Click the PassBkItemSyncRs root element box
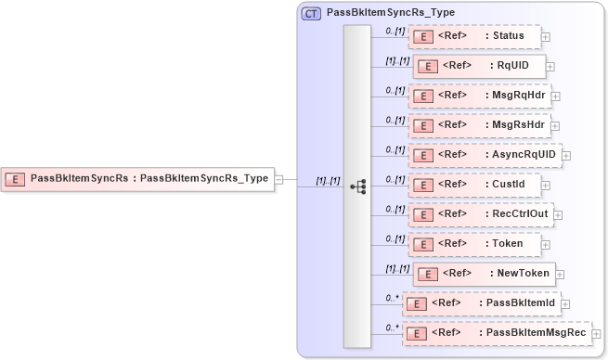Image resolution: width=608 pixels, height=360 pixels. click(139, 178)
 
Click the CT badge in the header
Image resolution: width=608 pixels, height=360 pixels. click(311, 14)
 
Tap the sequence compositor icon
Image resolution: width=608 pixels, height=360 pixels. click(357, 186)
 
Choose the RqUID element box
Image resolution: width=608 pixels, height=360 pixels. click(478, 66)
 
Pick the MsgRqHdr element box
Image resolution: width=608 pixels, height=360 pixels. click(479, 96)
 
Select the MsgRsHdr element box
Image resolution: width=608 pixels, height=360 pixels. click(479, 125)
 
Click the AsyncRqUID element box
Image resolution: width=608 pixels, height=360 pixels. click(485, 155)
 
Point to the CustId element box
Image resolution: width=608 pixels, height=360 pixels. click(476, 185)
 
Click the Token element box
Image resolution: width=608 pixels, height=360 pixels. click(473, 244)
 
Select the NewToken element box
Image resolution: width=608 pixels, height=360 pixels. click(484, 274)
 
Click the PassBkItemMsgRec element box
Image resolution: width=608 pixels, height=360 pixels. click(496, 333)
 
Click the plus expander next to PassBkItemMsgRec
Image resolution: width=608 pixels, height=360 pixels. click(597, 334)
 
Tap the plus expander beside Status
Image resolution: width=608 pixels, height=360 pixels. click(546, 37)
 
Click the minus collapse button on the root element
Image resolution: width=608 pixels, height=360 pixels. click(279, 179)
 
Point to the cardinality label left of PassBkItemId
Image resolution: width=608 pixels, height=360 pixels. click(394, 298)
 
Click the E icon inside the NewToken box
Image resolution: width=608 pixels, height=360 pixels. click(426, 274)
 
